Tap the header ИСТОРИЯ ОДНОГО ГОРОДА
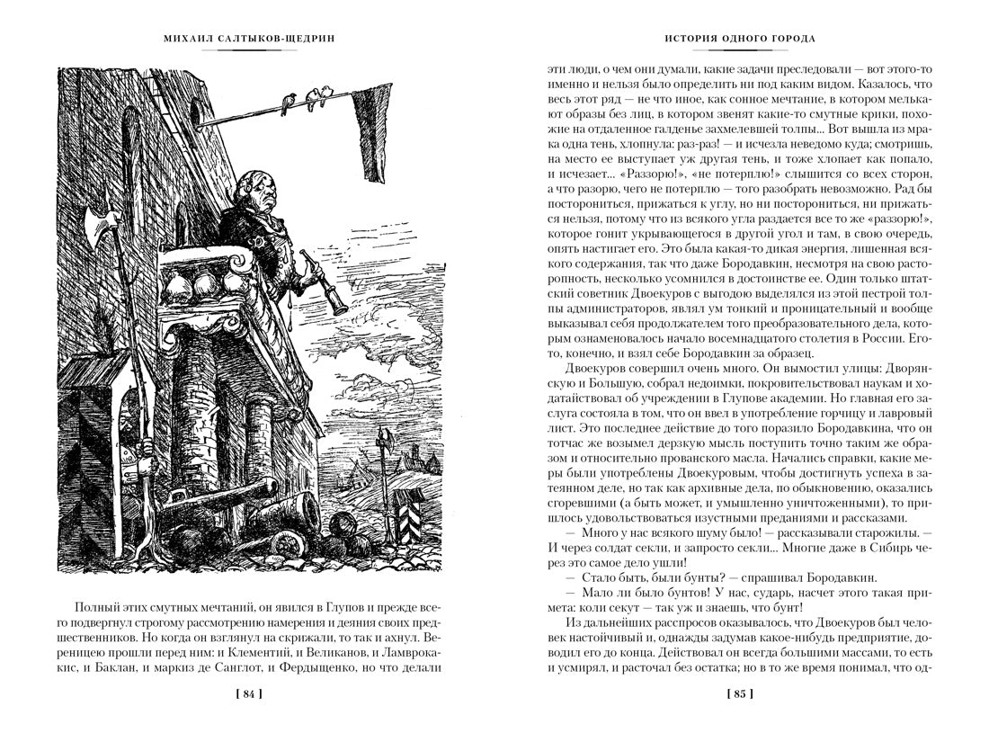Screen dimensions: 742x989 pyautogui.click(x=739, y=39)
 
